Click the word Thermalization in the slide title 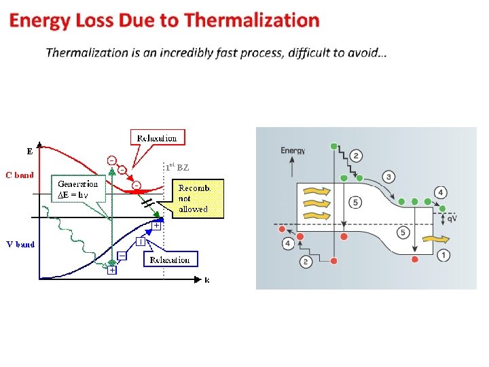pyautogui.click(x=251, y=20)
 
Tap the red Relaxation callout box pyautogui.click(x=158, y=138)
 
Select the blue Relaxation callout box pyautogui.click(x=170, y=260)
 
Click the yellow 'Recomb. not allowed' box pyautogui.click(x=193, y=198)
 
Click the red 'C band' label pyautogui.click(x=20, y=175)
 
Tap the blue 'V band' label pyautogui.click(x=20, y=243)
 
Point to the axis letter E pyautogui.click(x=29, y=150)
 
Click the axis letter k pyautogui.click(x=206, y=279)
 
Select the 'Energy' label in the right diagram pyautogui.click(x=293, y=150)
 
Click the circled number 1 pyautogui.click(x=443, y=256)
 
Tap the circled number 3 pyautogui.click(x=388, y=177)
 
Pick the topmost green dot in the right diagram pyautogui.click(x=333, y=146)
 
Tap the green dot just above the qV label pyautogui.click(x=443, y=208)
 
